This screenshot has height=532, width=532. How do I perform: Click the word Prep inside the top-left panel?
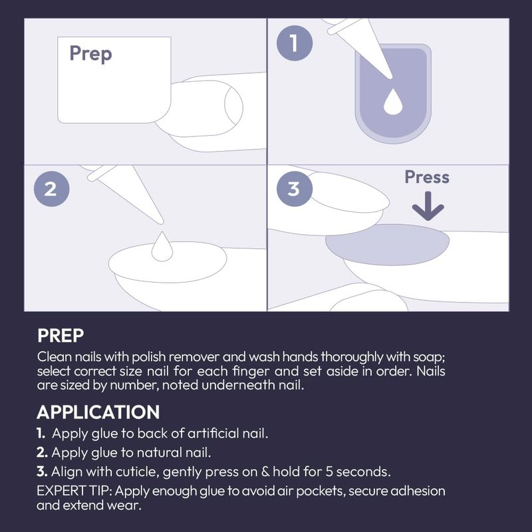point(90,54)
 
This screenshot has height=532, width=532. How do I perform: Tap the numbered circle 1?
point(295,43)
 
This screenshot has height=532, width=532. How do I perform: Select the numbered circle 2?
point(52,189)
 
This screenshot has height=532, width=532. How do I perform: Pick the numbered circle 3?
point(295,189)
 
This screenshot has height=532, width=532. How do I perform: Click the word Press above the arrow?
point(427,177)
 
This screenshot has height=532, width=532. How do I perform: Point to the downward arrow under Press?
point(428,205)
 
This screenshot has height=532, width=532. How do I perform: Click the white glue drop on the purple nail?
point(393,102)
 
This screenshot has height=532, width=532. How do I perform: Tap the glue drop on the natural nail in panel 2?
point(162,247)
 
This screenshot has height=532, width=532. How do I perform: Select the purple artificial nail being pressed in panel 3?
point(388,244)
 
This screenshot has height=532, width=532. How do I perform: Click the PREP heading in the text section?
point(61,336)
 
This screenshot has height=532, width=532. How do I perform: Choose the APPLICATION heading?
point(98,412)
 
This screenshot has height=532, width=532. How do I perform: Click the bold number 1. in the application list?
point(41,434)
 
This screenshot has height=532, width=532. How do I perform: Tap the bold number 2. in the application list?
point(42,452)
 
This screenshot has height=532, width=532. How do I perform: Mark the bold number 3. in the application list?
point(42,471)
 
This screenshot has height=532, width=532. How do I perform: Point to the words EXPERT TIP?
point(74,491)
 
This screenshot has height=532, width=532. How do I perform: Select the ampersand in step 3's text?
point(265,471)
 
